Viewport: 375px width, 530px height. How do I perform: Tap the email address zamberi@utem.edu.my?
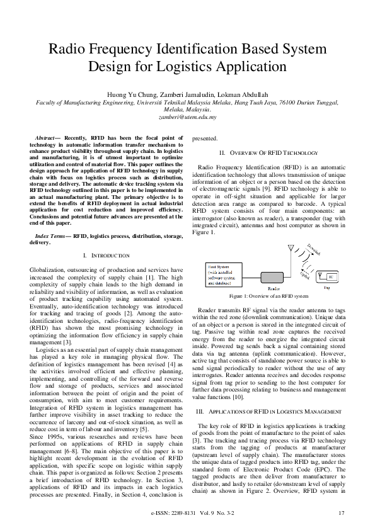(x=187, y=116)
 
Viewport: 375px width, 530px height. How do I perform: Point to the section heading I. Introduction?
(x=106, y=256)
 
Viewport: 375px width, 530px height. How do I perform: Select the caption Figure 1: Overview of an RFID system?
(x=268, y=295)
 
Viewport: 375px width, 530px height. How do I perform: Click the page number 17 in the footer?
(x=341, y=513)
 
